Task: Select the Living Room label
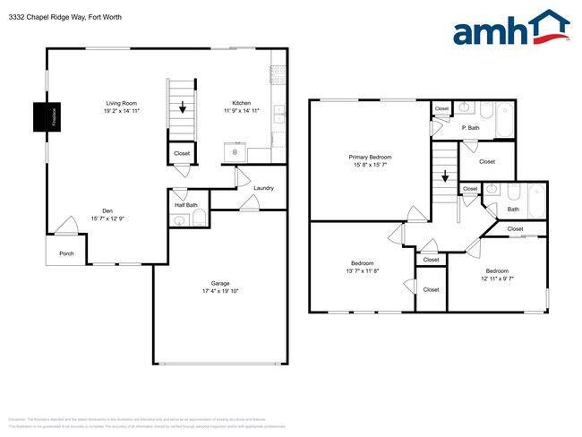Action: point(121,103)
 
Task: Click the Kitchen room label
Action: point(242,103)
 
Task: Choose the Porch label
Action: point(66,253)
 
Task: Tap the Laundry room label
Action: point(263,188)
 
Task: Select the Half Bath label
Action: point(186,205)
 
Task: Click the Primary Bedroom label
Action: point(370,157)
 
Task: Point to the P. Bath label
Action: point(471,127)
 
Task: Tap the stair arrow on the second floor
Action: point(443,177)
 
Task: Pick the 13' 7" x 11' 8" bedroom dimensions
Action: point(363,271)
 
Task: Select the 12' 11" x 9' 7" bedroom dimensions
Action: point(497,278)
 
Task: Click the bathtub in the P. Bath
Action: point(503,117)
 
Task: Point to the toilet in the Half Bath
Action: point(199,219)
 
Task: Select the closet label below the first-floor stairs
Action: point(182,153)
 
